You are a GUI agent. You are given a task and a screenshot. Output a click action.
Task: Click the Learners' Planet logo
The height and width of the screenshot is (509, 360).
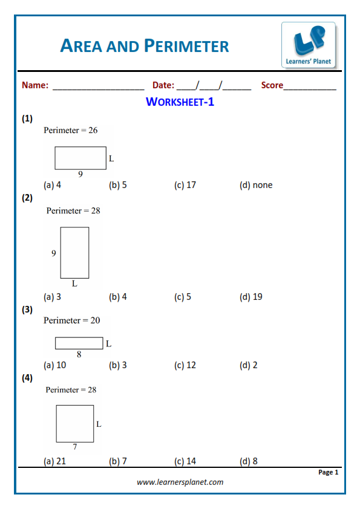click(309, 45)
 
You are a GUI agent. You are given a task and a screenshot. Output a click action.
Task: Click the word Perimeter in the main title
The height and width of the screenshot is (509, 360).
click(186, 46)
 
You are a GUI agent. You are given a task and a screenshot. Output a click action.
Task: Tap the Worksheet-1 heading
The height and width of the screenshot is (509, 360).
click(180, 102)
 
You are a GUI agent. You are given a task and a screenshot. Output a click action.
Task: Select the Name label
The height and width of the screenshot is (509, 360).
click(35, 85)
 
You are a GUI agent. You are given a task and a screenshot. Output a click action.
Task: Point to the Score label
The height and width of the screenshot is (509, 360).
click(272, 85)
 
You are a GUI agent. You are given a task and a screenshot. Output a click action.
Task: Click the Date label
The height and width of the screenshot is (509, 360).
click(163, 85)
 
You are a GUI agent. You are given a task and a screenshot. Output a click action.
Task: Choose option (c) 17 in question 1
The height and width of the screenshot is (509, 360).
click(185, 185)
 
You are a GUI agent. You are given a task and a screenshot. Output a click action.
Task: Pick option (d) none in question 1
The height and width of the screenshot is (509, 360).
click(256, 185)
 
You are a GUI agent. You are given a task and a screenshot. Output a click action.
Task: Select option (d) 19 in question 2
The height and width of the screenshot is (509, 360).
click(251, 297)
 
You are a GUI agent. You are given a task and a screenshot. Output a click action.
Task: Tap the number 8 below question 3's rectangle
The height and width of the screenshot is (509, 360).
click(79, 354)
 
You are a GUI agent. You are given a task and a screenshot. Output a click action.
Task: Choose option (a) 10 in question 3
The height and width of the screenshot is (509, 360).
click(55, 365)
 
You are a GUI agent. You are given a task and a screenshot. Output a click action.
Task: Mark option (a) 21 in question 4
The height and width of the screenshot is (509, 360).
click(55, 461)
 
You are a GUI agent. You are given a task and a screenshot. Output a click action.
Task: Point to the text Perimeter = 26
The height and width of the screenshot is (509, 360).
click(71, 130)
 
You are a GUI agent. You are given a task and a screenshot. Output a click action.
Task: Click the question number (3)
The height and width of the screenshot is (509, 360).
click(27, 310)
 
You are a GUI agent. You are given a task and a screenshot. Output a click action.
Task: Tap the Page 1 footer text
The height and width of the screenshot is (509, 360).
click(328, 472)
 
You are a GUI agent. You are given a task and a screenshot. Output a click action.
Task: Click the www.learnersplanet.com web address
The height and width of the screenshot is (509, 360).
click(180, 482)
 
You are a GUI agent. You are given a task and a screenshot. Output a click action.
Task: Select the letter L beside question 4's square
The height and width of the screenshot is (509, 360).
click(99, 424)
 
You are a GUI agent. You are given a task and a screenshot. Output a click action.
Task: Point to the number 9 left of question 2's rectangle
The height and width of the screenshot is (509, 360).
click(54, 253)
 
